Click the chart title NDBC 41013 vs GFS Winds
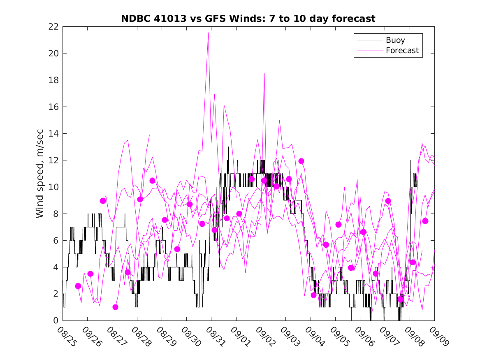coord(248,19)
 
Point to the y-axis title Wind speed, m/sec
coord(39,173)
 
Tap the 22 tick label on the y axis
coord(54,27)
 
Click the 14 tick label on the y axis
coord(54,134)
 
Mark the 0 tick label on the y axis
coord(56,321)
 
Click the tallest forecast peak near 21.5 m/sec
coord(209,33)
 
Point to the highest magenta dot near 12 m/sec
coord(301,161)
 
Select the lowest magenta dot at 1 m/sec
coord(115,307)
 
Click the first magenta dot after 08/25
coord(78,286)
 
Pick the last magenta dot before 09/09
coord(425,221)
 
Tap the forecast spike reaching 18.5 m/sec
coord(264,73)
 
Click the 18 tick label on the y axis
coord(54,80)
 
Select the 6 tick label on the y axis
coord(56,241)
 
